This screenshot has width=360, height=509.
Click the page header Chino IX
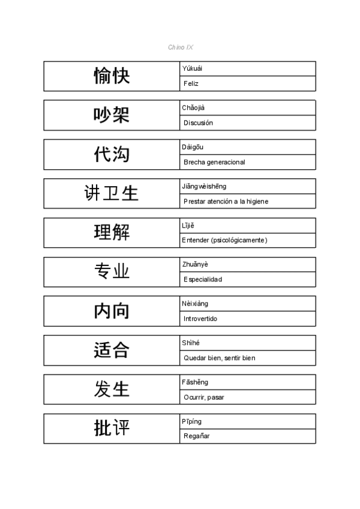pos(181,47)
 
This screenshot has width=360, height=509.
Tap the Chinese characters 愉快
pos(112,76)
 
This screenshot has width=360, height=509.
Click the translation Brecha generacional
pos(214,162)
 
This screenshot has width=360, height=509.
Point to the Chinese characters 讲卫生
pos(112,193)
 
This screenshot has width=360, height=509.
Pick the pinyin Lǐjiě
pos(188,225)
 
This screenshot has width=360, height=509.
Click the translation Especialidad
pos(203,280)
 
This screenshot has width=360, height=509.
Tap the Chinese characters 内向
pos(112,311)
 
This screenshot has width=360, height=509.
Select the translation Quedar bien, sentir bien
pos(219,358)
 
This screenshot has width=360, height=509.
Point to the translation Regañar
pos(197,436)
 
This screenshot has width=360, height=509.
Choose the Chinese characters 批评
pos(112,429)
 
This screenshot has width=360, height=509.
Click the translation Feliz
pos(191,83)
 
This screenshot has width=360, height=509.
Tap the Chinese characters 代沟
pos(112,154)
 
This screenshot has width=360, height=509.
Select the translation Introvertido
pos(200,319)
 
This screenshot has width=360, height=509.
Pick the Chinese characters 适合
pos(112,350)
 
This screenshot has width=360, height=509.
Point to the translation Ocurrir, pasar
pos(204,397)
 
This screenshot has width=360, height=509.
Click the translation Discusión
pos(198,123)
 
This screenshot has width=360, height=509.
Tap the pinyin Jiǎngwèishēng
pos(204,186)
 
